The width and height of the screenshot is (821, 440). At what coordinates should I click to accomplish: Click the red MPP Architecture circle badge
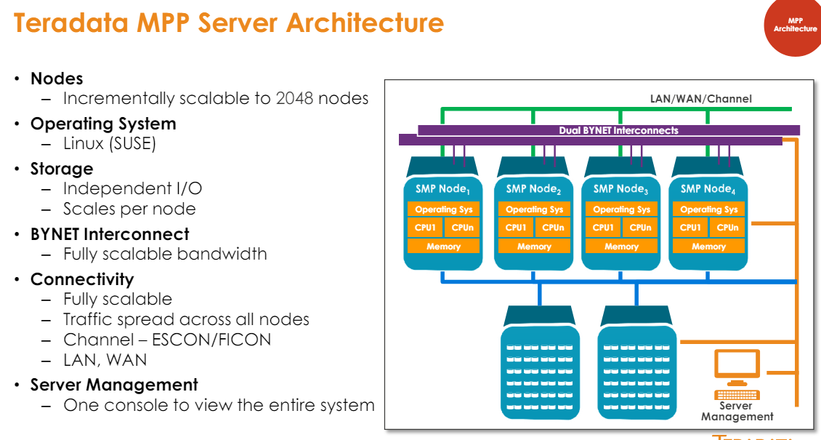coord(793,26)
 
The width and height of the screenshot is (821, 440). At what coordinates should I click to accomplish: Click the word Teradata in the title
coord(70,23)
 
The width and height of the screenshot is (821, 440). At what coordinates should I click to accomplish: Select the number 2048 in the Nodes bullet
coord(297,98)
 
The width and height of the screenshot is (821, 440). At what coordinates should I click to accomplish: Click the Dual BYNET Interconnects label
coord(618,130)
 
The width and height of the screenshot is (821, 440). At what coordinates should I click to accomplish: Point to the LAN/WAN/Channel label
coord(700,98)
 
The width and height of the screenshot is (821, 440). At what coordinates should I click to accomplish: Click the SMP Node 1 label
coord(442,189)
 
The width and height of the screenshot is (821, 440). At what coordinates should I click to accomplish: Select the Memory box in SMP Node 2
coord(534,247)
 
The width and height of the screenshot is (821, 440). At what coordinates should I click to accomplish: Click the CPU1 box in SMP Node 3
coord(602,228)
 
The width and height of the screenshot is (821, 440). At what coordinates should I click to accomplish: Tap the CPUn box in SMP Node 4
coord(727,228)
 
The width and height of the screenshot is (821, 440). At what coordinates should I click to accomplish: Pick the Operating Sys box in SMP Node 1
coord(443,209)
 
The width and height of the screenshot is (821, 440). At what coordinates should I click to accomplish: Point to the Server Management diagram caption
coord(737,412)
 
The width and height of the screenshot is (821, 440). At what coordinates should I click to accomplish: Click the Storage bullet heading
coord(62,169)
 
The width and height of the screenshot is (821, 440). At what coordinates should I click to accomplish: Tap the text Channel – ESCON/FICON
coord(167,340)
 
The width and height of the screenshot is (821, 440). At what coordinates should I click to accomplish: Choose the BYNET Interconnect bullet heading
coord(110,234)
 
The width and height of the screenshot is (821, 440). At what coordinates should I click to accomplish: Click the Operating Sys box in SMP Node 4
coord(708,209)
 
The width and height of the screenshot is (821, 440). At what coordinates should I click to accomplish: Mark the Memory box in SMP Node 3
coord(621,247)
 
